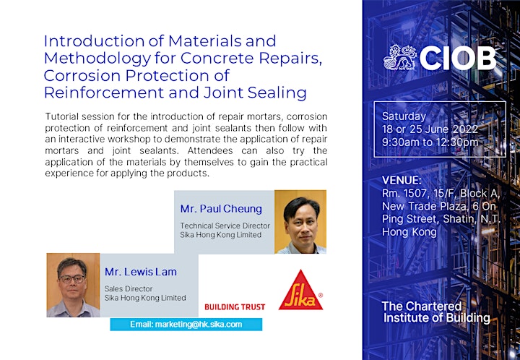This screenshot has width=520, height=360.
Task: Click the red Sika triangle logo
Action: (300, 291)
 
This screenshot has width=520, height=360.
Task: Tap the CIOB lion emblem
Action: (399, 58)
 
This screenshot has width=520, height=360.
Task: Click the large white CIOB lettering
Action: (458, 59)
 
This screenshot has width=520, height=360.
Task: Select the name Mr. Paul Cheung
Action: (221, 209)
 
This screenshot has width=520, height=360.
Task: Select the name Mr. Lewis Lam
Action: (141, 272)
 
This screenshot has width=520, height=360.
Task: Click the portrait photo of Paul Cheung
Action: (300, 222)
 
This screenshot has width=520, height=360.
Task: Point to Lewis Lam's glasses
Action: (72, 279)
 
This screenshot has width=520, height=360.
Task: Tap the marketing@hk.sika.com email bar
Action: (186, 324)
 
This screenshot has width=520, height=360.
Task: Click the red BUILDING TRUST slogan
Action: (235, 307)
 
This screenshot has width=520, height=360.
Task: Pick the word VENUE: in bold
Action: (402, 181)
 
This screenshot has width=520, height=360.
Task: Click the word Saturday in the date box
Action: (404, 116)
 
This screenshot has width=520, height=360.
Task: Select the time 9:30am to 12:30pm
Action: (430, 142)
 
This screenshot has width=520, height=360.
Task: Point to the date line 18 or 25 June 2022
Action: (430, 129)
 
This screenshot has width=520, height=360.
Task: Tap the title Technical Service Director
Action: (225, 226)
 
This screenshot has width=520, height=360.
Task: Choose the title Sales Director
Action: (129, 288)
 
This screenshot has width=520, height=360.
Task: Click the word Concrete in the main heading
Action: (217, 58)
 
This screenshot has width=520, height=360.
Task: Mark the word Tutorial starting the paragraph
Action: (61, 116)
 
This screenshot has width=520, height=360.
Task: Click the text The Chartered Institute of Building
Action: (435, 312)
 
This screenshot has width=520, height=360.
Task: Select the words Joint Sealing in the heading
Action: (255, 93)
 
